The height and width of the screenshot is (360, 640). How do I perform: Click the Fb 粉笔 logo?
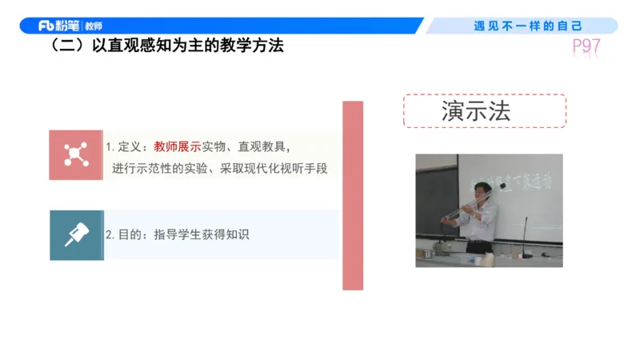[x=58, y=26]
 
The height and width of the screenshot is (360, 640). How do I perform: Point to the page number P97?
[x=586, y=46]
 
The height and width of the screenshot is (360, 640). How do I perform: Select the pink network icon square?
[x=76, y=154]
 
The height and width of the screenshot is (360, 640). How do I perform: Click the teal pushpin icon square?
[x=76, y=235]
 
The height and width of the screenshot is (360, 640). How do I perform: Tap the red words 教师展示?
[x=178, y=147]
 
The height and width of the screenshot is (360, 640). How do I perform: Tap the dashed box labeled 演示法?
[x=484, y=111]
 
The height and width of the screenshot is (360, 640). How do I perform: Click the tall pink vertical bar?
[x=352, y=195]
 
